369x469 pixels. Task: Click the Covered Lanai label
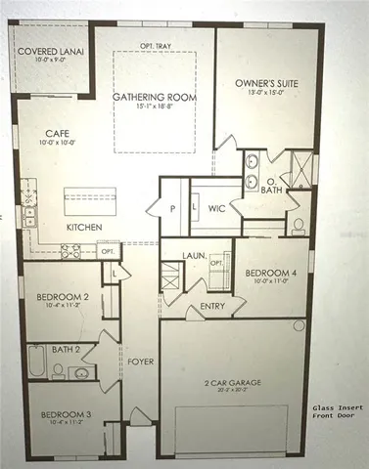point(47,51)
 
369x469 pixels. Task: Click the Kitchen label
point(84,227)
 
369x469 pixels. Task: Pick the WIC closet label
point(217,208)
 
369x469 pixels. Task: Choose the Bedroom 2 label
point(57,296)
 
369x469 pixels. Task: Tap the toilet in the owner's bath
point(299,226)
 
